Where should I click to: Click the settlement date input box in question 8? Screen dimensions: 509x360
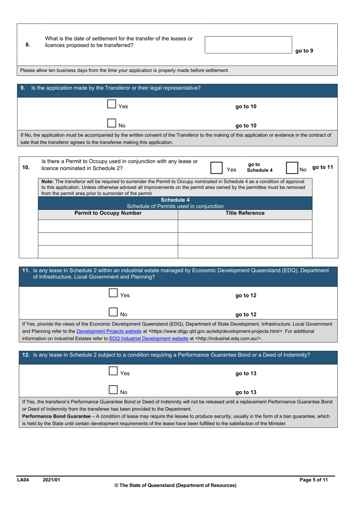coord(248,45)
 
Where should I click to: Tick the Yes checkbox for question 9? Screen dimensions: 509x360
coord(111,104)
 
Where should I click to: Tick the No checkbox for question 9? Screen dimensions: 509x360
coord(111,123)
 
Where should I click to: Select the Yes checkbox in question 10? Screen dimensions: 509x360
coord(216,168)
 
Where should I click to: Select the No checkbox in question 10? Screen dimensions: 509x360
coord(292,168)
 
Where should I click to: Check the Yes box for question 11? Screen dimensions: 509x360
coord(113,293)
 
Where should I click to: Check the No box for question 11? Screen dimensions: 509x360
coord(113,312)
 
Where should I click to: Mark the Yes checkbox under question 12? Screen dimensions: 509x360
coord(113,371)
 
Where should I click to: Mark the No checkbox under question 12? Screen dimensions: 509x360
coord(113,390)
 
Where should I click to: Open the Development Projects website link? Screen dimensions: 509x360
coord(109,331)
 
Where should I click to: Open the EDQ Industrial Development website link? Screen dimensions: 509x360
coord(149,338)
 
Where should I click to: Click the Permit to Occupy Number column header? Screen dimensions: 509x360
coord(108,213)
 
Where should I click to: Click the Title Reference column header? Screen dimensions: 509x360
coord(245,213)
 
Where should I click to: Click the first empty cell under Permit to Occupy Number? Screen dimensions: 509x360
coord(108,226)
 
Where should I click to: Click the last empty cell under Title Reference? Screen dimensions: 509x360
coord(245,251)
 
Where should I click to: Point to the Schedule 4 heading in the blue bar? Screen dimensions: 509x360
coord(175,200)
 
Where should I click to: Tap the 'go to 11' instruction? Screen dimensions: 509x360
coord(322,167)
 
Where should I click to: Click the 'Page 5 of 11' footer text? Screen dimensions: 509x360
coord(313,480)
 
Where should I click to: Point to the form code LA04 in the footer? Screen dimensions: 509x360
coord(23,480)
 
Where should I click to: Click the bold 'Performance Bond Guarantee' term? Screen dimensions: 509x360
coord(56,416)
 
